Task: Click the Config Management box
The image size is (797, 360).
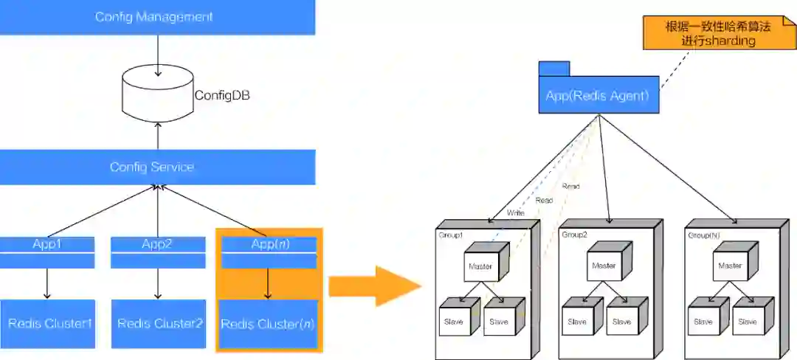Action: tap(157, 17)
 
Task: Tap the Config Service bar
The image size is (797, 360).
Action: tap(157, 167)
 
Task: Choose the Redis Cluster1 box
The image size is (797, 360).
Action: tap(48, 323)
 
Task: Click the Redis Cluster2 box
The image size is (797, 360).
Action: tap(159, 323)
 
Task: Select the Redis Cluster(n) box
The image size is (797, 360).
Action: tap(269, 324)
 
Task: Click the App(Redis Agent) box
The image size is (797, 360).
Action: tap(598, 95)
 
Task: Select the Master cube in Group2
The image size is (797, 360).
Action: tap(604, 265)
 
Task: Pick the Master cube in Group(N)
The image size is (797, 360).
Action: tap(729, 265)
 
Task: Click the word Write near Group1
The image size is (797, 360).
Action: tap(516, 212)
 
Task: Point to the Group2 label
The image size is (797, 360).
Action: tap(574, 235)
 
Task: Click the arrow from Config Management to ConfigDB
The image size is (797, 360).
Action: tap(157, 55)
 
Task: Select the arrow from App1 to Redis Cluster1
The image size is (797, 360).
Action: tap(47, 283)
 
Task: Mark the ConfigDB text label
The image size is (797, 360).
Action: tap(217, 95)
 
